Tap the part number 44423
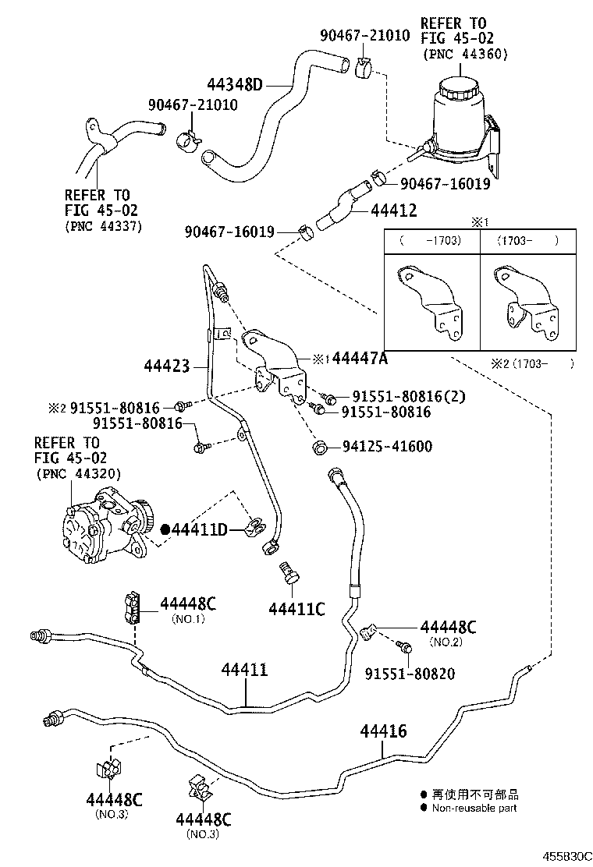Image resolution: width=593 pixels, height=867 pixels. (167, 364)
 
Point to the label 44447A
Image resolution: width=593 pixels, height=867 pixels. (360, 359)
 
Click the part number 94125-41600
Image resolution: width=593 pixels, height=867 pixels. (387, 447)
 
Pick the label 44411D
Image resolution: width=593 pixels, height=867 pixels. (199, 530)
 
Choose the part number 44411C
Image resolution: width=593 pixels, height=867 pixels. (296, 609)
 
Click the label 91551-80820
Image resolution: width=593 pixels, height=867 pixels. (410, 674)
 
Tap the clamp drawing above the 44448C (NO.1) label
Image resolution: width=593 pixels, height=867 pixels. (132, 607)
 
